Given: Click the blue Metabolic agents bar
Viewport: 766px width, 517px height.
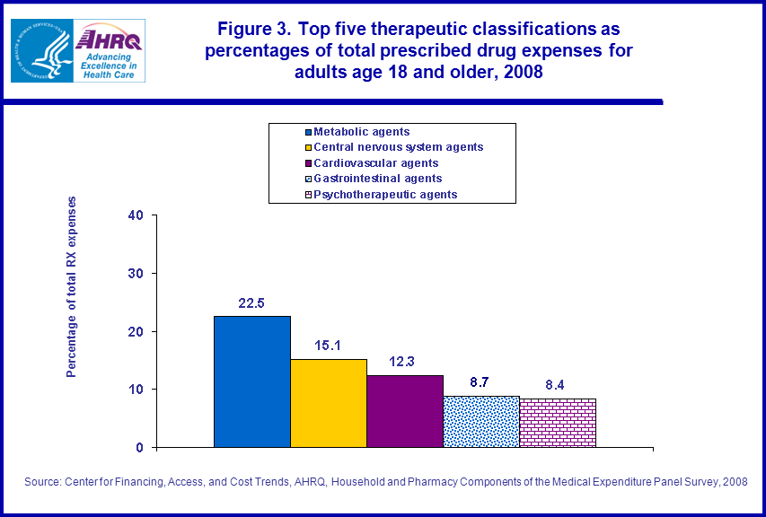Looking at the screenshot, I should pyautogui.click(x=252, y=381).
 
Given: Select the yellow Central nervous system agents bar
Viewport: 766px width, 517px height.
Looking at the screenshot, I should pyautogui.click(x=329, y=403).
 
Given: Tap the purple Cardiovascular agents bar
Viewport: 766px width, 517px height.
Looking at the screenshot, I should pyautogui.click(x=405, y=411).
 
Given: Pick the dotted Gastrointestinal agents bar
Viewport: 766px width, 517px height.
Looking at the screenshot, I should pyautogui.click(x=481, y=421).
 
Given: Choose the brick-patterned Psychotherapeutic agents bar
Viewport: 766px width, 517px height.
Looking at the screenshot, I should pyautogui.click(x=558, y=422).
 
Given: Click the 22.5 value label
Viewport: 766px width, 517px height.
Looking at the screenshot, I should pyautogui.click(x=252, y=302).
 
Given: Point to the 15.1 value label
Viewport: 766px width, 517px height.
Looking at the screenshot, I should pyautogui.click(x=328, y=346).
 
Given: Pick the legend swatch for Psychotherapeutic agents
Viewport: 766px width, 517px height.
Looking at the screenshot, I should pyautogui.click(x=306, y=195).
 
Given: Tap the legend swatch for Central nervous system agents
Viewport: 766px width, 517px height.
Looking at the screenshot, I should pyautogui.click(x=306, y=148).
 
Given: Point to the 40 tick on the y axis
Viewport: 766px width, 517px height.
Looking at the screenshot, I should pyautogui.click(x=136, y=215).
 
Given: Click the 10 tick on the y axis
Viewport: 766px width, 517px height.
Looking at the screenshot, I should pyautogui.click(x=136, y=390).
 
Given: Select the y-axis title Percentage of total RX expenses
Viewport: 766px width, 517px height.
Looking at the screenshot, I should pyautogui.click(x=72, y=286).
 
